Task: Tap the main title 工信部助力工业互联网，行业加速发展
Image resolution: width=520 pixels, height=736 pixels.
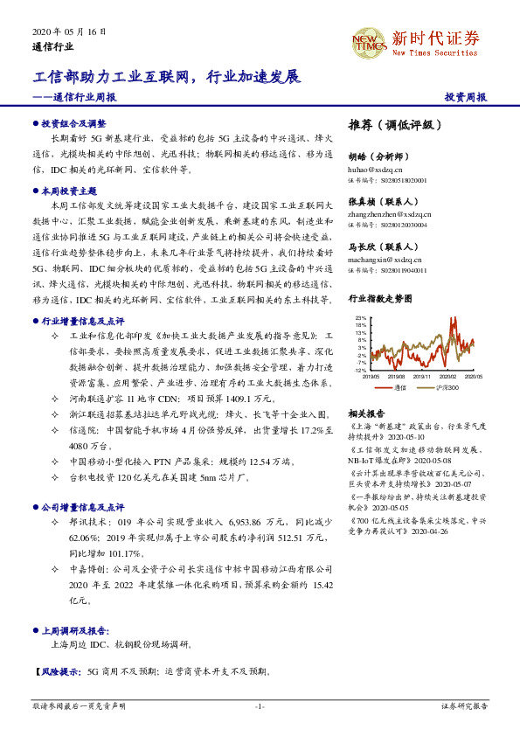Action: click(x=167, y=77)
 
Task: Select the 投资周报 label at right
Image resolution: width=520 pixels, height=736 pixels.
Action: click(x=465, y=97)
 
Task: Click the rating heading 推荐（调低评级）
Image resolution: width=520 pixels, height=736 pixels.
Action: click(x=390, y=125)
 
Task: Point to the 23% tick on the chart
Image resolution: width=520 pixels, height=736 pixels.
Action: click(x=359, y=318)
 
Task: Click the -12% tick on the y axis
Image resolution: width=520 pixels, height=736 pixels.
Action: click(x=359, y=371)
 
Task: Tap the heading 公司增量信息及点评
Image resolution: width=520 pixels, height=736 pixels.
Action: click(x=81, y=506)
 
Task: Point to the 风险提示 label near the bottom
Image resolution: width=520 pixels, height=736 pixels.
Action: click(x=56, y=671)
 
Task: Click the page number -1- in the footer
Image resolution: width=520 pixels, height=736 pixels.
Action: click(x=260, y=706)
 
